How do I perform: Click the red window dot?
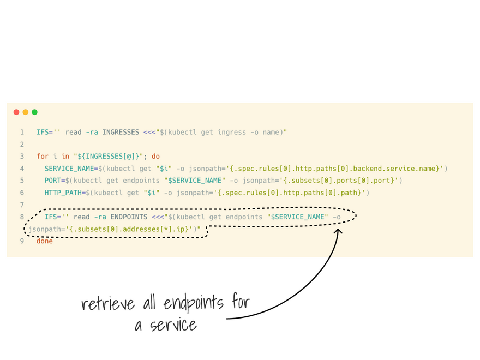coord(16,112)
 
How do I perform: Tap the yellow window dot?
coord(26,112)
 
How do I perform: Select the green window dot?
coord(34,112)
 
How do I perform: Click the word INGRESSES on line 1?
coord(121,132)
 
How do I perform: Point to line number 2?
coord(22,145)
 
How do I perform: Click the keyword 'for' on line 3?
coord(43,157)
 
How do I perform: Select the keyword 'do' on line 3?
coord(155,157)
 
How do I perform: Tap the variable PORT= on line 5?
coord(55,181)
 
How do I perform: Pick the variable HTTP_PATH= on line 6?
coord(65,193)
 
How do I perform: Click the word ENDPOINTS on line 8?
coord(129,217)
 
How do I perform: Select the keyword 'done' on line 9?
coord(45,241)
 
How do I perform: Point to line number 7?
coord(22,205)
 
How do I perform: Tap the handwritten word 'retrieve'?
coord(108,303)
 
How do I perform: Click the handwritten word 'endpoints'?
coord(193,303)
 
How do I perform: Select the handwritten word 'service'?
coord(173,325)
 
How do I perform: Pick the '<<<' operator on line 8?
coord(158,217)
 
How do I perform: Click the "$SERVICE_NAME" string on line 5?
coord(195,181)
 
